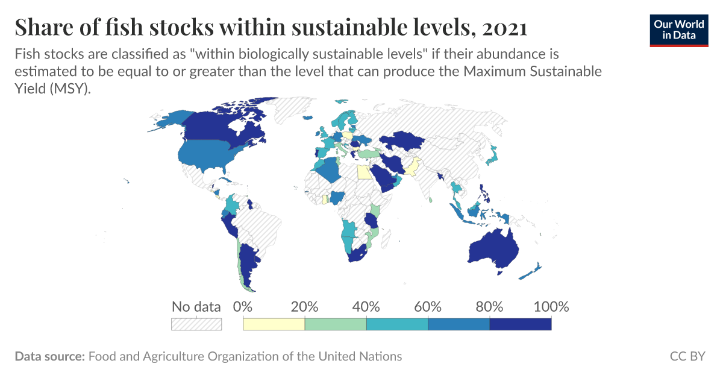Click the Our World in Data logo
(x=678, y=28)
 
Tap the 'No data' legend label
(x=196, y=306)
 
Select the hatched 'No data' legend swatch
(x=196, y=324)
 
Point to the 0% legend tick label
(x=242, y=306)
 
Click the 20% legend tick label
(x=304, y=306)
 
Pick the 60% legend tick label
(x=428, y=306)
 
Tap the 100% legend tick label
(x=551, y=306)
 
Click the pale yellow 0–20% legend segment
(x=274, y=324)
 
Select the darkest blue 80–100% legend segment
(x=521, y=324)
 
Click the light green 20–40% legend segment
(x=336, y=324)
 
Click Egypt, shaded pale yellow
(x=364, y=173)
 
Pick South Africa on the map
(x=358, y=254)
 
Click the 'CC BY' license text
(x=687, y=356)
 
